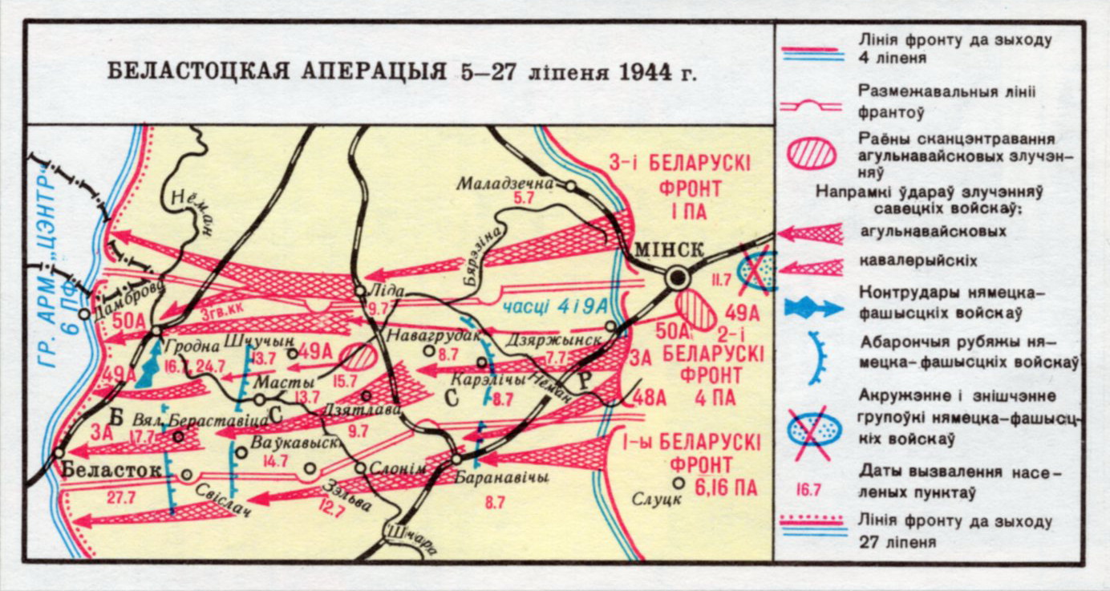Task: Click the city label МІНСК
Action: [x=668, y=249]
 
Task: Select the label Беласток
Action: [x=111, y=470]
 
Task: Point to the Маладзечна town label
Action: [x=505, y=184]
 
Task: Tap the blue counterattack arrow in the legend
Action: [x=810, y=306]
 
